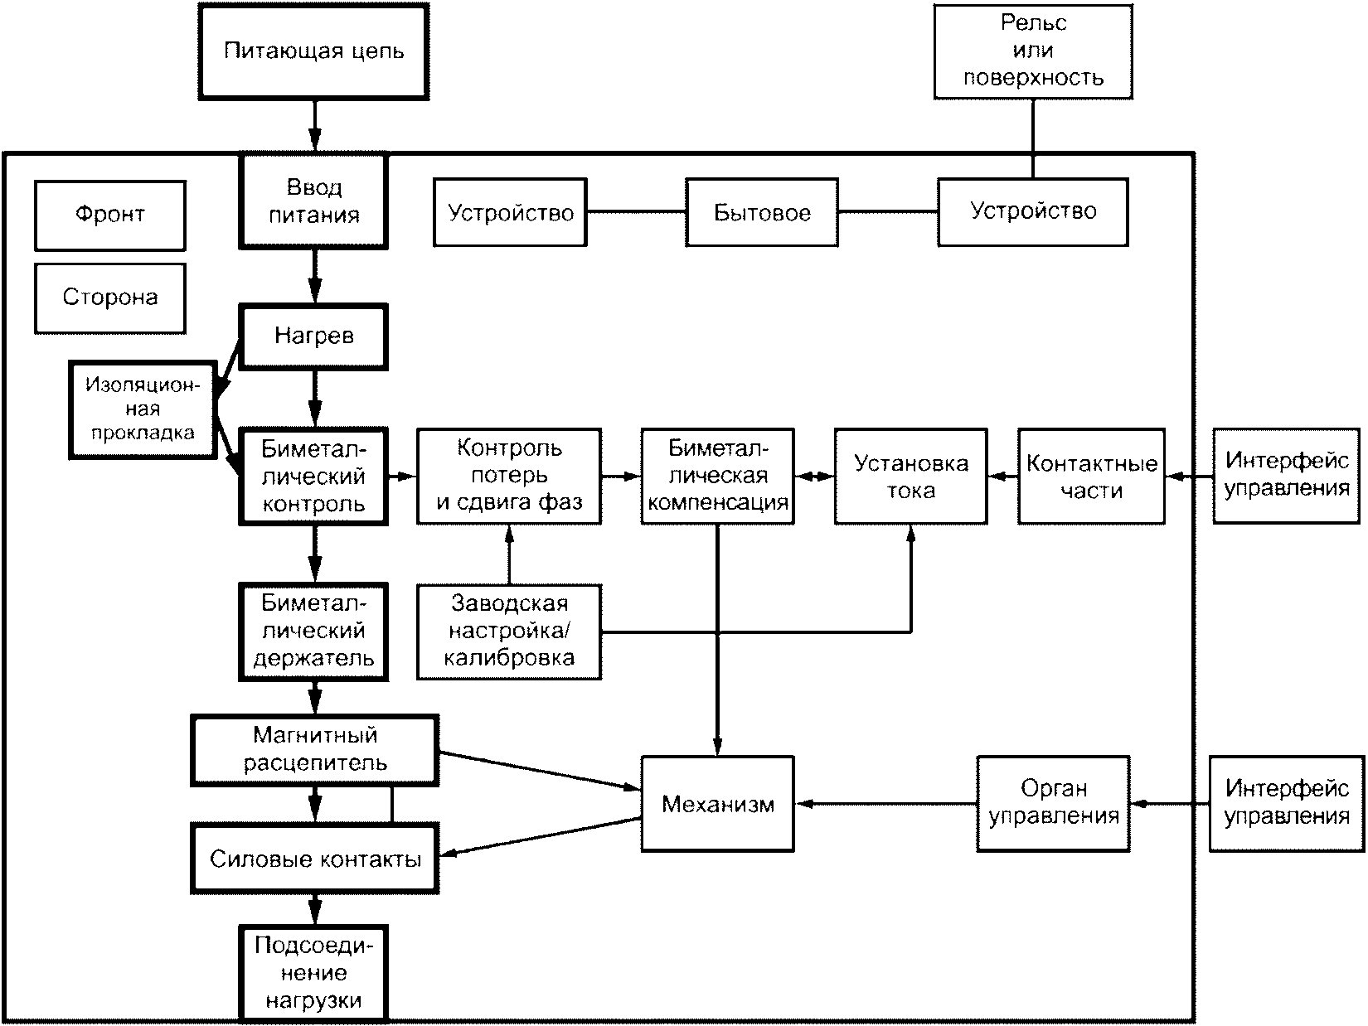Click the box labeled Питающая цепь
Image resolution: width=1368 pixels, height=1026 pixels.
point(313,51)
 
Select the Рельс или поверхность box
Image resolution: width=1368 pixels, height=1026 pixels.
point(1033,51)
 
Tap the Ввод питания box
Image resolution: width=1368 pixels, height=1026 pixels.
point(313,201)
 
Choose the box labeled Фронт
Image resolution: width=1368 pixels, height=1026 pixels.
point(110,215)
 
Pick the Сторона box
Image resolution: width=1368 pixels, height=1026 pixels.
point(110,298)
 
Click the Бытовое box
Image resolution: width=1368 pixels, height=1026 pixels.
point(762,212)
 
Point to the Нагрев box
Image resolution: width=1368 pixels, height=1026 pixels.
point(313,336)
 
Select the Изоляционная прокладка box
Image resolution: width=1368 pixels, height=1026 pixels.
point(143,410)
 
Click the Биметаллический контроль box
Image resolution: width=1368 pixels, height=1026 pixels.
point(313,476)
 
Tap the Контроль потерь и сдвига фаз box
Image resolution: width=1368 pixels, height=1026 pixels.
point(509,476)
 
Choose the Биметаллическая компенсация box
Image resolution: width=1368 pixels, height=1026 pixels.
point(717,476)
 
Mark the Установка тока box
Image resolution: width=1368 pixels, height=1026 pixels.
point(910,476)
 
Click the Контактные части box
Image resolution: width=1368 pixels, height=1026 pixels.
point(1091,476)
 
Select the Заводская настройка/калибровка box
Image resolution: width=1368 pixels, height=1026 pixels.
point(509,632)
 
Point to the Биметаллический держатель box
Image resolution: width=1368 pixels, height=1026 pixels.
point(313,632)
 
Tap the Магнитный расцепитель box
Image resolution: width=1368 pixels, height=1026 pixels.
point(315,750)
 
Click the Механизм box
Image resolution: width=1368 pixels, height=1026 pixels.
point(717,804)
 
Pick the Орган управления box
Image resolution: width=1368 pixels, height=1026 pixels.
point(1053,804)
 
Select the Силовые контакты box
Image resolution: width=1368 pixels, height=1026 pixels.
point(315,859)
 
